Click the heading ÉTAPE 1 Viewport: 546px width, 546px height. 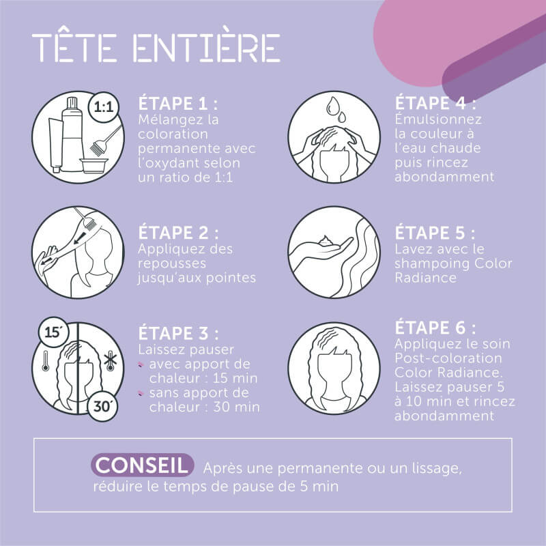pyautogui.click(x=177, y=103)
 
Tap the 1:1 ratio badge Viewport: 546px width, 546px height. pyautogui.click(x=104, y=106)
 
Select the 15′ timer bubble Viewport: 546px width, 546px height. pyautogui.click(x=54, y=332)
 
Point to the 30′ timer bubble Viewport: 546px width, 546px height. pyautogui.click(x=102, y=406)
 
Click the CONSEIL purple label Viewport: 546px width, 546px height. pyautogui.click(x=142, y=465)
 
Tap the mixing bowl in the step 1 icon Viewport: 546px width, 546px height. pyautogui.click(x=94, y=165)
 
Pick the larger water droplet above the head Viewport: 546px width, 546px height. pyautogui.click(x=333, y=105)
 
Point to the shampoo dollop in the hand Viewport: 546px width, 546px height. pyautogui.click(x=326, y=241)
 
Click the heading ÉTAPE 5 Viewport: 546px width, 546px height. pyautogui.click(x=435, y=233)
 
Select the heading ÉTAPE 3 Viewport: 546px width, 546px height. pyautogui.click(x=178, y=333)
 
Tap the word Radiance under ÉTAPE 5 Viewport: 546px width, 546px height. pyautogui.click(x=425, y=278)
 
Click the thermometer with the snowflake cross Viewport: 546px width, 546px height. pyautogui.click(x=111, y=361)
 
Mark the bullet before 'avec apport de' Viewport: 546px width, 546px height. pyautogui.click(x=141, y=364)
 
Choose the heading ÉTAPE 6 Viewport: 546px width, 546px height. pyautogui.click(x=435, y=328)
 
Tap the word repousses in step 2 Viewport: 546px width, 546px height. pyautogui.click(x=172, y=264)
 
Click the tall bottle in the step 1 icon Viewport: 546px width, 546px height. pyautogui.click(x=72, y=134)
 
